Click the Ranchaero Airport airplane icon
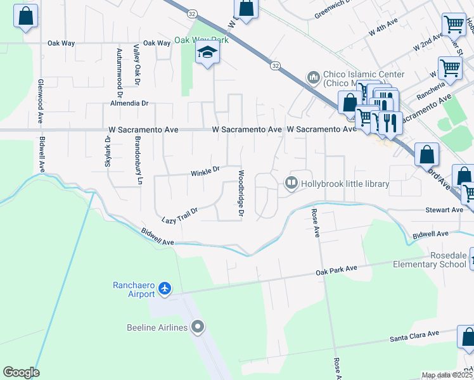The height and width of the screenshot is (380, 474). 165,289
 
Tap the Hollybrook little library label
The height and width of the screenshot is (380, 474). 345,184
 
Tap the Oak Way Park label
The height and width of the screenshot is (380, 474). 201,40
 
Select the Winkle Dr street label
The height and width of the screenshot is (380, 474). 205,170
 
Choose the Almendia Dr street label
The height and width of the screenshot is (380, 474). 129,103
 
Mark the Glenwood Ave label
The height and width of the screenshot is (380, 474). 40,101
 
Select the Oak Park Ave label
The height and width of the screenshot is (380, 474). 336,269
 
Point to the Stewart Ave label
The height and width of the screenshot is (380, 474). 445,210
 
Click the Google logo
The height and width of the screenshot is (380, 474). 21,372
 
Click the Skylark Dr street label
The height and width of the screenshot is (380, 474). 108,155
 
